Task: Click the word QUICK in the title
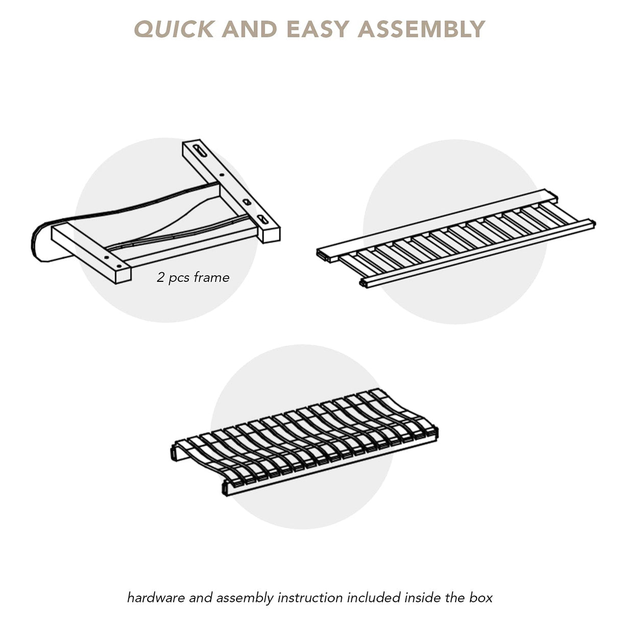[x=174, y=29]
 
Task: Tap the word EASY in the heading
[x=318, y=29]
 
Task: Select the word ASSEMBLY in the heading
[x=421, y=29]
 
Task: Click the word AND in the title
[x=249, y=29]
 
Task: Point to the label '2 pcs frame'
[x=193, y=278]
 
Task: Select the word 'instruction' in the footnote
[x=310, y=589]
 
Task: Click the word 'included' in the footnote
[x=374, y=589]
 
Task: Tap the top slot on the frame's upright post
[x=200, y=151]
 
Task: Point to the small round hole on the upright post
[x=221, y=175]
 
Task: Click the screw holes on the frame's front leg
[x=113, y=262]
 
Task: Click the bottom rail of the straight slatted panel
[x=477, y=253]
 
